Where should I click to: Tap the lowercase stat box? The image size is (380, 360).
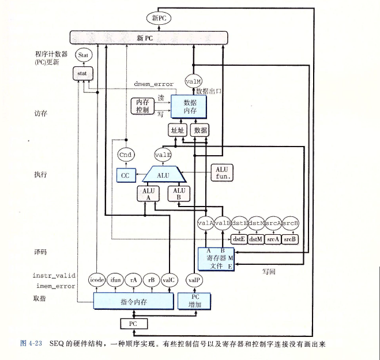(81, 74)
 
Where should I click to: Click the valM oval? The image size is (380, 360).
(193, 82)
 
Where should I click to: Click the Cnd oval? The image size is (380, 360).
(125, 155)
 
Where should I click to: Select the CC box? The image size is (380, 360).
(125, 175)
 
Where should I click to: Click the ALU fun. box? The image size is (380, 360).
(222, 172)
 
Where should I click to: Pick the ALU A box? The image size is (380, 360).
(146, 194)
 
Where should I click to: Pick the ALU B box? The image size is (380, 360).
(179, 194)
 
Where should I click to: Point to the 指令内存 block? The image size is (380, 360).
(134, 301)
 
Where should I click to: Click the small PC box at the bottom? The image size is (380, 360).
(133, 324)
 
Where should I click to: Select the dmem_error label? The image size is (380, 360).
(152, 85)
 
